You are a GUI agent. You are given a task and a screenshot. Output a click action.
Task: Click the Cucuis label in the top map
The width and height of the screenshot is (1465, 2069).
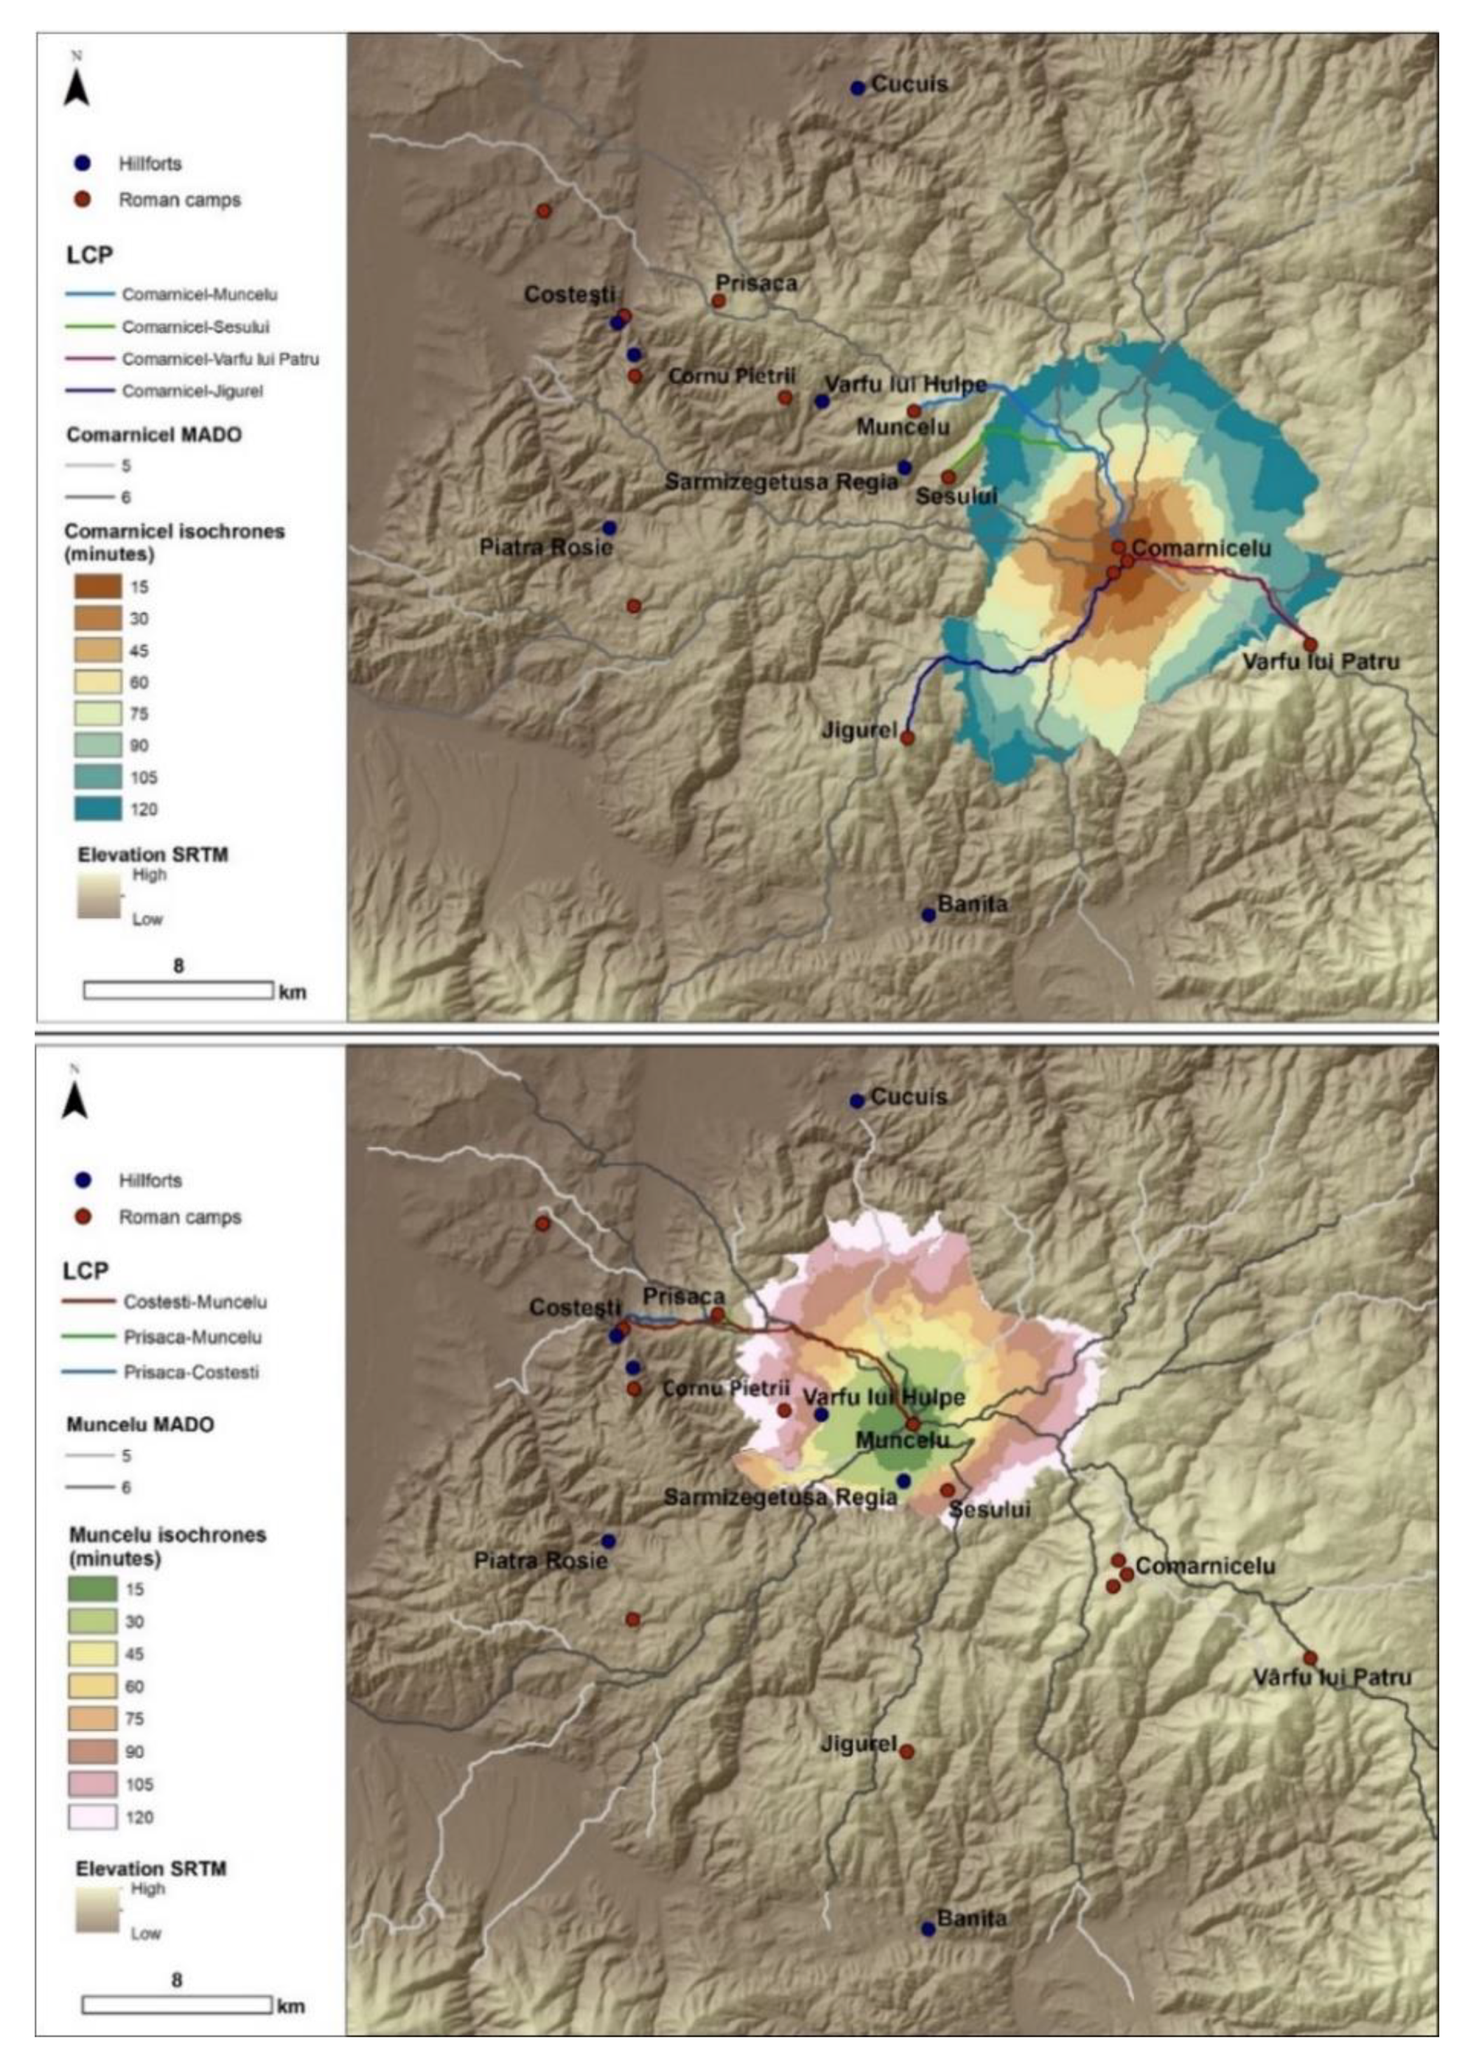pos(909,85)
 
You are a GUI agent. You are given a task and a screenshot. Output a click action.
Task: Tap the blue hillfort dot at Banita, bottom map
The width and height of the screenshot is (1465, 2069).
pos(928,1929)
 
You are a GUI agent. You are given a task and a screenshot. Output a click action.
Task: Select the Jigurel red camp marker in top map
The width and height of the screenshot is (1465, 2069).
pos(907,738)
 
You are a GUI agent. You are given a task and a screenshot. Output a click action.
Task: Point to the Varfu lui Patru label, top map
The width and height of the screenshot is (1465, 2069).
pos(1321,662)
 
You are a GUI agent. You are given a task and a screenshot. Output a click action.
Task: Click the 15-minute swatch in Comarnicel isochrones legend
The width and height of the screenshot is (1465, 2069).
pos(97,587)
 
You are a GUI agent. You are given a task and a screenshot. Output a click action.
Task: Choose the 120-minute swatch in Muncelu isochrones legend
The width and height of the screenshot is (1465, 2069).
pos(93,1818)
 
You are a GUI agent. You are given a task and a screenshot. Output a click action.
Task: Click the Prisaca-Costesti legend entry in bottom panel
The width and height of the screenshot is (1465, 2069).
pos(191,1372)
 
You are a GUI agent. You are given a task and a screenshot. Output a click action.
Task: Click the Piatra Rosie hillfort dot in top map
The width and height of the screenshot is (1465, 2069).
pos(610,527)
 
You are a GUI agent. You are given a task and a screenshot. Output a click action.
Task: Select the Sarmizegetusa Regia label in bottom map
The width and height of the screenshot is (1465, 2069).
pos(780,1498)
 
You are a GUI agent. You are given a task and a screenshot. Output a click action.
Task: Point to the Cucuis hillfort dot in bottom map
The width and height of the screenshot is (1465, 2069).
pos(857,1100)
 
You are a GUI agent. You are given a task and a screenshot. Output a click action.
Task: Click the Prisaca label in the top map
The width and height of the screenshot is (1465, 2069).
pos(756,283)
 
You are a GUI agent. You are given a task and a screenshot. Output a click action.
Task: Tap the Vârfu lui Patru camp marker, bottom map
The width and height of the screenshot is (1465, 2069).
pos(1310,1659)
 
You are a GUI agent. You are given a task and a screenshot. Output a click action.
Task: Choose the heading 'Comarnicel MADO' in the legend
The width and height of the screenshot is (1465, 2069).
pos(154,435)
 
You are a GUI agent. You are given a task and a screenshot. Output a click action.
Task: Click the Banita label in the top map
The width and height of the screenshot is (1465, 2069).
pos(972,904)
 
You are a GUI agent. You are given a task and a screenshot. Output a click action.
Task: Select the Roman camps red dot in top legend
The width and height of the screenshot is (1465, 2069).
pos(83,200)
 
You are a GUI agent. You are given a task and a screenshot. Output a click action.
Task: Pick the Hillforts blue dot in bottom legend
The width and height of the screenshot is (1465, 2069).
pos(83,1179)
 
